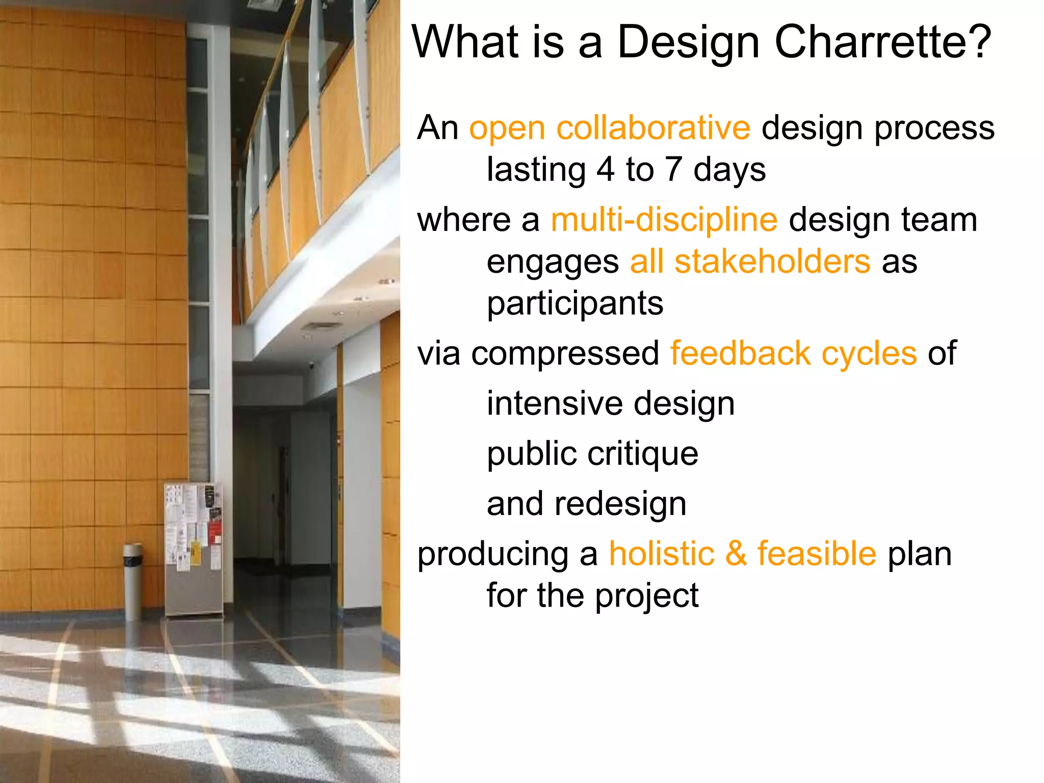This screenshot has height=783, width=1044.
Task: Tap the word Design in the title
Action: coord(688,43)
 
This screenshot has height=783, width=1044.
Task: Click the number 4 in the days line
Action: coord(605,170)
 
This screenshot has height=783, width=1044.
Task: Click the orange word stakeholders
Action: coord(772,262)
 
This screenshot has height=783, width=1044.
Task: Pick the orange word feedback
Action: coord(740,353)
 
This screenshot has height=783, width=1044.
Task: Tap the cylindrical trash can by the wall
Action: coord(133,581)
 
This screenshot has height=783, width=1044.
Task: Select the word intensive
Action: coord(555,404)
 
